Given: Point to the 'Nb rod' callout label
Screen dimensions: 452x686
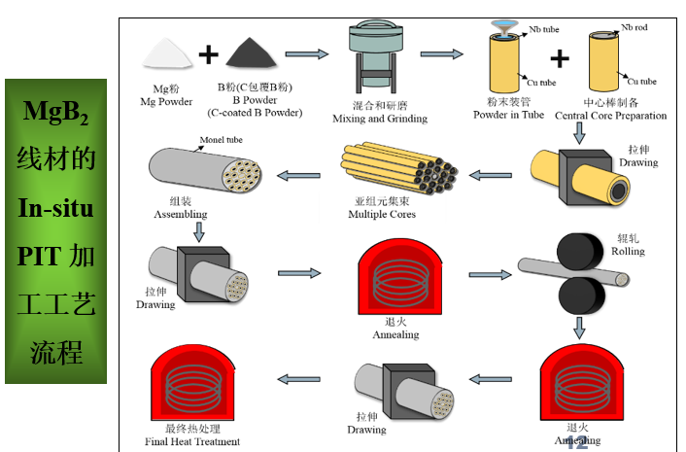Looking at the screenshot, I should pyautogui.click(x=635, y=28).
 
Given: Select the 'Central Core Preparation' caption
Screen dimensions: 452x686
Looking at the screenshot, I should pyautogui.click(x=610, y=115).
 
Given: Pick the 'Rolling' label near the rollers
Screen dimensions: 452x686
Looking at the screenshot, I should pyautogui.click(x=627, y=251).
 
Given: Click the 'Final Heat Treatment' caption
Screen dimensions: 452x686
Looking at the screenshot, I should pyautogui.click(x=194, y=441).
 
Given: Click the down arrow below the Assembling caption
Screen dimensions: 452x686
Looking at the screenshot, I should pyautogui.click(x=197, y=231).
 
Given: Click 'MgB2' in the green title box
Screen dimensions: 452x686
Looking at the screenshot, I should pyautogui.click(x=55, y=115).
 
